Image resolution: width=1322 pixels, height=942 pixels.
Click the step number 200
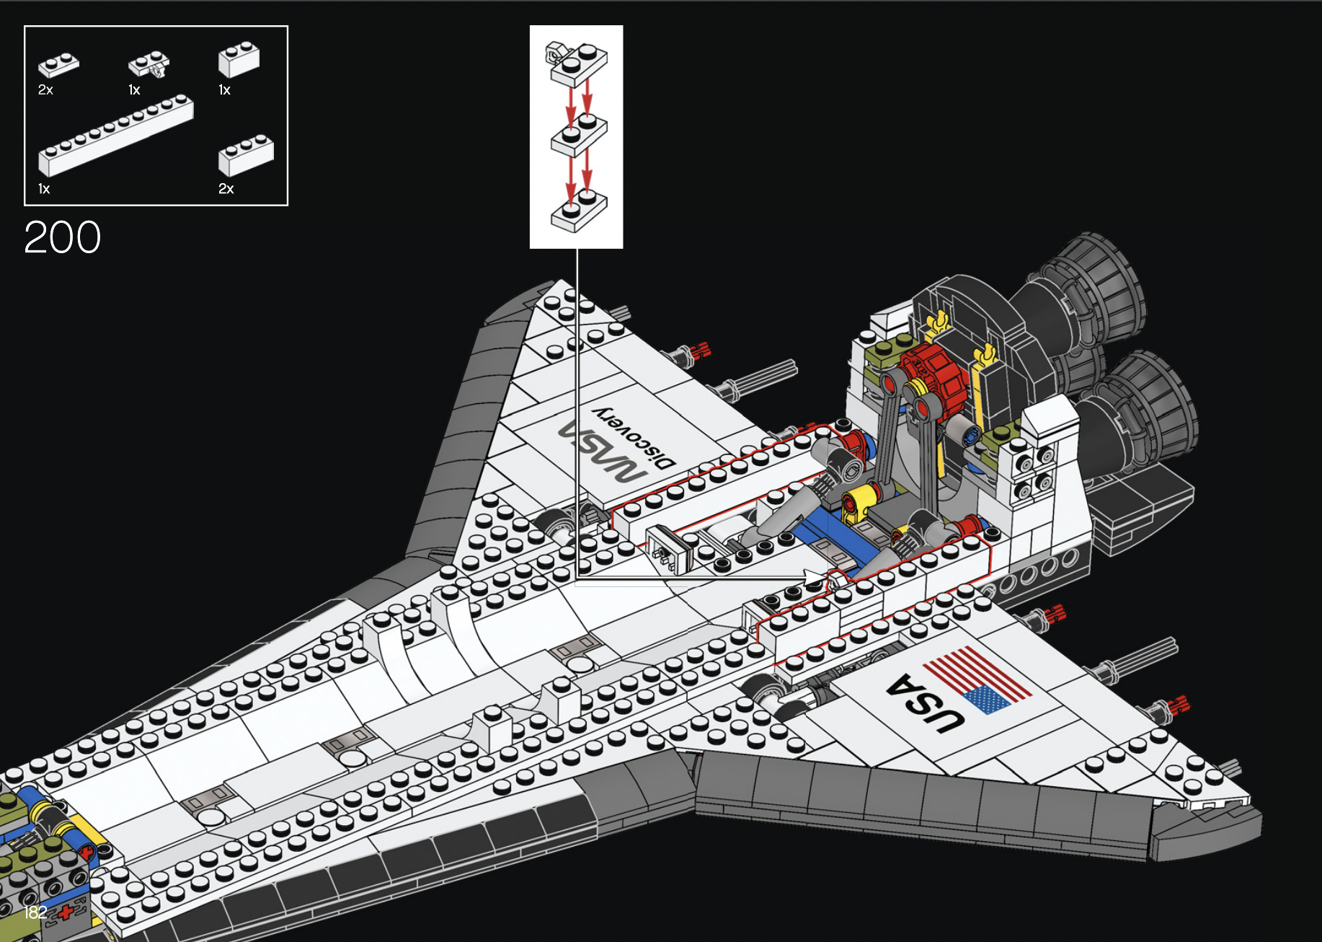pyautogui.click(x=63, y=237)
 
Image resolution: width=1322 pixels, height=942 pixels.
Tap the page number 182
pyautogui.click(x=35, y=912)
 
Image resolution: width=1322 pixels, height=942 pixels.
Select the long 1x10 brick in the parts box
pyautogui.click(x=115, y=136)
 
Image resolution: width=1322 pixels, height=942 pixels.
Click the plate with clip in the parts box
pyautogui.click(x=149, y=65)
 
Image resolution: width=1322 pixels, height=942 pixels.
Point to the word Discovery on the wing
pyautogui.click(x=634, y=437)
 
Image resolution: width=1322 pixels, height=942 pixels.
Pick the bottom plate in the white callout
pyautogui.click(x=579, y=212)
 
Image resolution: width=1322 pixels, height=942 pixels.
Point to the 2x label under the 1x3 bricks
pyautogui.click(x=226, y=189)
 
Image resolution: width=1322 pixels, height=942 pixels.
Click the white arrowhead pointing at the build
pyautogui.click(x=815, y=578)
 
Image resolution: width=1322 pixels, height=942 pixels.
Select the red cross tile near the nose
pyautogui.click(x=66, y=912)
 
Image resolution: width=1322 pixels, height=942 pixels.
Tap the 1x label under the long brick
pyautogui.click(x=44, y=189)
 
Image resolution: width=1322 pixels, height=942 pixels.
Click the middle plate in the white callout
pyautogui.click(x=579, y=137)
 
